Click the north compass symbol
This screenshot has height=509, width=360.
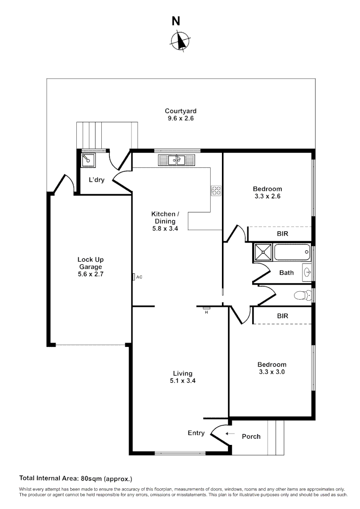179,41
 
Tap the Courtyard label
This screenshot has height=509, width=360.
180,111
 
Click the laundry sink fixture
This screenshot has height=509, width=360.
88,160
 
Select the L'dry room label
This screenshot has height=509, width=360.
97,180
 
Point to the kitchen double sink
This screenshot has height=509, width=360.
177,160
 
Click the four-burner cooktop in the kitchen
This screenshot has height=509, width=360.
216,190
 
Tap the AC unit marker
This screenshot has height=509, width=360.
134,277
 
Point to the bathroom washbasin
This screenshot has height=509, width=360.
307,272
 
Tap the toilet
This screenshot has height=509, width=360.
302,296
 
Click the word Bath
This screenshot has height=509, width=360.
286,272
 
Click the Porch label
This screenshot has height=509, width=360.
251,436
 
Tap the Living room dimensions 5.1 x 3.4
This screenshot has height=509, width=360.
182,381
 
